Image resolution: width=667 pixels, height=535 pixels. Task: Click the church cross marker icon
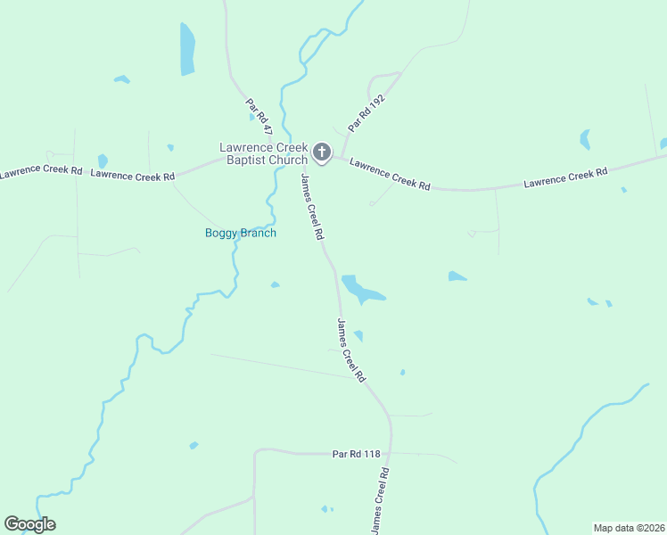coord(321,153)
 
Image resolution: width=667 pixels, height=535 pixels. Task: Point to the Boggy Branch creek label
coord(241,234)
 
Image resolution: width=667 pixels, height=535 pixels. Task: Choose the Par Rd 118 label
coord(356,454)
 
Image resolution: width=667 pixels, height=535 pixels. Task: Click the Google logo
coord(29,524)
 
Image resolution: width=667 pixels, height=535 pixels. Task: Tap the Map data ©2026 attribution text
coord(629,527)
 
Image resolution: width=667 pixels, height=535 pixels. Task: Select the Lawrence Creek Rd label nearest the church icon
coord(390,174)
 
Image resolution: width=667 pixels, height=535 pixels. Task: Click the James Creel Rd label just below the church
coord(311,207)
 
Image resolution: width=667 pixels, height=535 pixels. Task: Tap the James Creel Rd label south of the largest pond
coord(351,350)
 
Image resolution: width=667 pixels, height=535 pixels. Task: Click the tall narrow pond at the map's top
coord(187,48)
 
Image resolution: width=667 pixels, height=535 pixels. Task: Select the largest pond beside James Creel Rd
coord(362,289)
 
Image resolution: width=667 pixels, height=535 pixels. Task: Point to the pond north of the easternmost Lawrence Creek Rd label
coord(585,139)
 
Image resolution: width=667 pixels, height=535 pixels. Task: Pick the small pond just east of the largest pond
coord(457,276)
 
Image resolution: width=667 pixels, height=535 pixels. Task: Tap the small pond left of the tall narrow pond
coord(121,79)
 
